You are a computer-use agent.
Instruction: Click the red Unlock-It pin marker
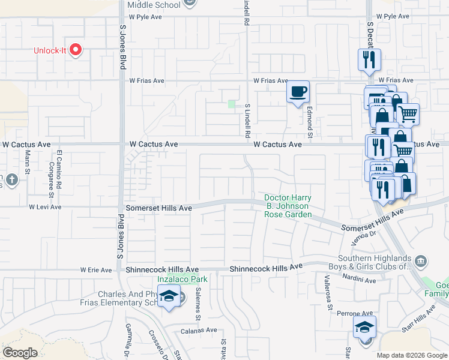click(76, 50)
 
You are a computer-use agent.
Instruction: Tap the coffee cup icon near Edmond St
click(298, 92)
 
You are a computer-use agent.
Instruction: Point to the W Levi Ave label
click(45, 207)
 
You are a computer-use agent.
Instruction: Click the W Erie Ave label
click(96, 270)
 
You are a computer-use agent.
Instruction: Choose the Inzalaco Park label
click(182, 279)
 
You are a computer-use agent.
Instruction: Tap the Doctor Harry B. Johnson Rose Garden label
click(288, 206)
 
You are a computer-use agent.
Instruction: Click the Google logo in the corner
click(20, 353)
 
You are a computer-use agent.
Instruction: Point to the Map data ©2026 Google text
click(412, 355)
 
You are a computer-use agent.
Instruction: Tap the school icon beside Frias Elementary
click(170, 296)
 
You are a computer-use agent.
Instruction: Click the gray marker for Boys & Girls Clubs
click(421, 260)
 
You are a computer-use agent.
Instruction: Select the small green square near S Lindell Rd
click(232, 104)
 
